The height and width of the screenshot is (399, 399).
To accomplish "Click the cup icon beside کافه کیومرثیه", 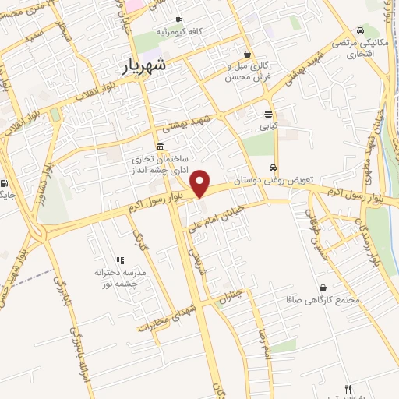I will (x=179, y=20).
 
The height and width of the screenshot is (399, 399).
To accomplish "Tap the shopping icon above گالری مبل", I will (x=248, y=55).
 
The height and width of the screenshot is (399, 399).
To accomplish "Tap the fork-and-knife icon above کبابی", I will (x=269, y=111).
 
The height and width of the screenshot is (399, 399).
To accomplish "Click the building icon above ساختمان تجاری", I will (x=160, y=147).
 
